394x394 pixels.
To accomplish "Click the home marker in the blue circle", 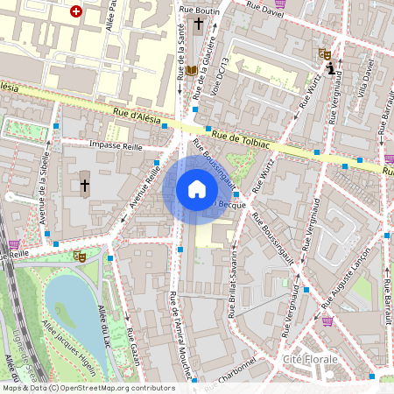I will point(197,189).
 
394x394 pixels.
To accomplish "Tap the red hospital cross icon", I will point(76,11).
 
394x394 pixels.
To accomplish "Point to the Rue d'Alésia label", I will point(137,116).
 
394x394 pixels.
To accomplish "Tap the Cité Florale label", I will point(310,360).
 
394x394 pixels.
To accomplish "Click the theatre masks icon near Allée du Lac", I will point(79,257).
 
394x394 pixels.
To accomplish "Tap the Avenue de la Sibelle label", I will point(43,202).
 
